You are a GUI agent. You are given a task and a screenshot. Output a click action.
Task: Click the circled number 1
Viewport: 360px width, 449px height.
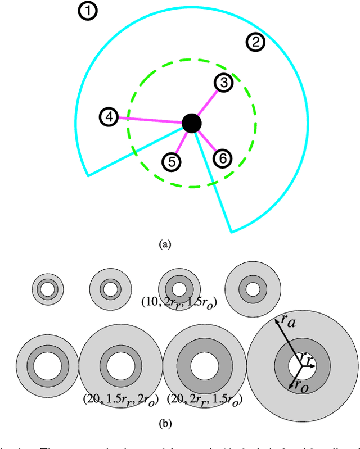coord(88,11)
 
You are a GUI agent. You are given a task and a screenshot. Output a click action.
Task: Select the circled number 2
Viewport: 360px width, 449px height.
coord(255,42)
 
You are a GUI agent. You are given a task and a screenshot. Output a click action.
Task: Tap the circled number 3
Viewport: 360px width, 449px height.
coord(223,83)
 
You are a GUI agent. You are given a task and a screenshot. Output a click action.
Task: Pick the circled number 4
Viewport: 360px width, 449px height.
coord(109,117)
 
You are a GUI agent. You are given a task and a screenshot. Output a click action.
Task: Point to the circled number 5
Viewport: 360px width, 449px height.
coord(172,162)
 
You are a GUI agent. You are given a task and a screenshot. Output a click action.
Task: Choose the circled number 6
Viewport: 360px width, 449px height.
coord(223,158)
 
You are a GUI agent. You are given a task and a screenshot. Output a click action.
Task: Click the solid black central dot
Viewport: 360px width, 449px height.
coord(192,123)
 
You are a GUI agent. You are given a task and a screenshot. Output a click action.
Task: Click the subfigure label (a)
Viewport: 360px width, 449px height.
coord(164,244)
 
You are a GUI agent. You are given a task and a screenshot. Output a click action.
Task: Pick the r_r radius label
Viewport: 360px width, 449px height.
coord(305,357)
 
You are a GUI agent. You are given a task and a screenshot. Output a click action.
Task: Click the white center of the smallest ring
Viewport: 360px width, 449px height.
coord(47,291)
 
